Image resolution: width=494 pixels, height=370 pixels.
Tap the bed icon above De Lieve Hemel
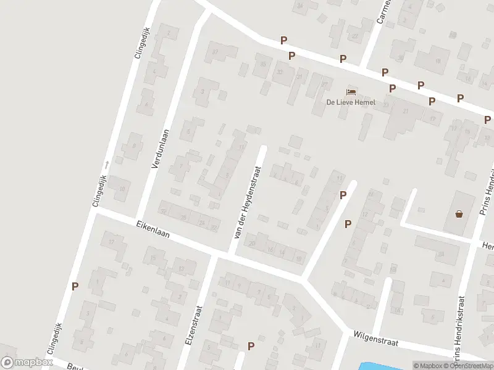coord(351,92)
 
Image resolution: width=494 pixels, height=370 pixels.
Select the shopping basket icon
coord(459,214)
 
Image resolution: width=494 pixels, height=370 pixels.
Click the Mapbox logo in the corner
coord(27,363)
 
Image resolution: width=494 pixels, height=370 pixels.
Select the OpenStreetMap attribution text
coord(468,366)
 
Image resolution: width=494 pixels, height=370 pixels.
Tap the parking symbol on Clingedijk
coord(75,286)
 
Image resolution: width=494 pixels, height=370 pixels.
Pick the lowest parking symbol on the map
coord(251,346)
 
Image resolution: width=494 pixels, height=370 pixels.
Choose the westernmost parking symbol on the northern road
coord(283,41)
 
